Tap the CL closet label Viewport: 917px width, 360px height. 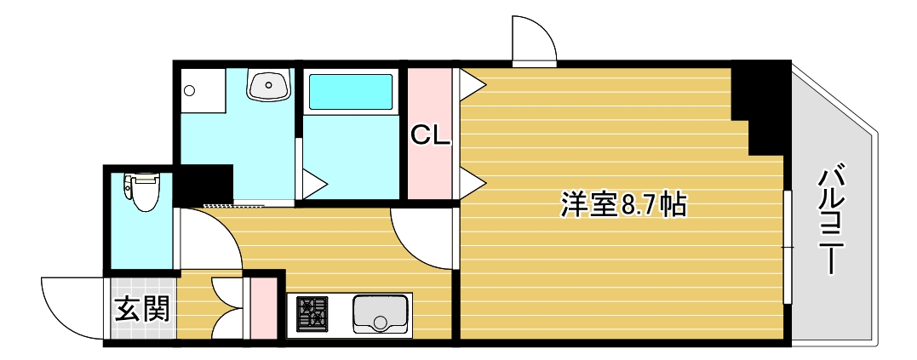tap(430, 134)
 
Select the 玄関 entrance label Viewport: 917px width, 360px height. tap(142, 309)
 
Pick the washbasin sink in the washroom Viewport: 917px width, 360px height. tap(269, 84)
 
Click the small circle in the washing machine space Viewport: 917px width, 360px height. tap(190, 90)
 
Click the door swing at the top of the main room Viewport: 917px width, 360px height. tap(534, 39)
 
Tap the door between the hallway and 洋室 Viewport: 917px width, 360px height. tap(423, 236)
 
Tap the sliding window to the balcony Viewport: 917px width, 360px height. tap(788, 247)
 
